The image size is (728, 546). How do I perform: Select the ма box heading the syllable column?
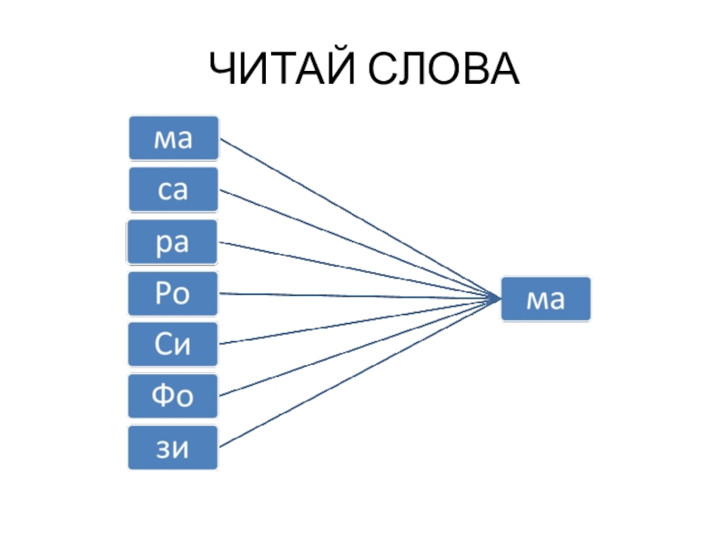click(173, 138)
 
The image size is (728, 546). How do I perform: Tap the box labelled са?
click(173, 190)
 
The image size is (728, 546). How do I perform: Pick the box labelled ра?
click(173, 242)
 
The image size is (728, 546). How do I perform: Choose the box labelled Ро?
click(173, 293)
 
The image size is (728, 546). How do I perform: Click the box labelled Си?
click(173, 344)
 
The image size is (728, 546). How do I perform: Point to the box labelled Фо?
click(173, 396)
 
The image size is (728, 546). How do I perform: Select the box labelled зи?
click(173, 447)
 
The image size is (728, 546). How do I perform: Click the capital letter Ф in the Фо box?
click(163, 396)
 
